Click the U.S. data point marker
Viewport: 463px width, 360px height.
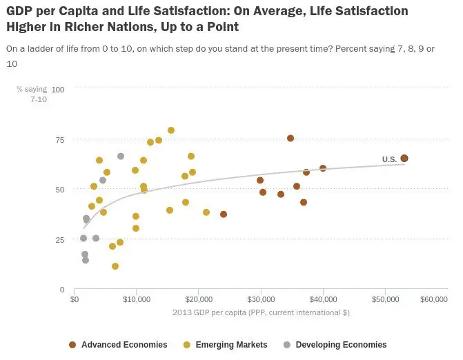click(x=404, y=159)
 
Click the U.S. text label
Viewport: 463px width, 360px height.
click(x=389, y=160)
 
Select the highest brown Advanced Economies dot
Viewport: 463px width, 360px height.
click(x=290, y=139)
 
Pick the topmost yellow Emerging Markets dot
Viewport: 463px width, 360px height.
click(x=171, y=130)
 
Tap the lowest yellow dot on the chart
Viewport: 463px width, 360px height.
click(x=115, y=266)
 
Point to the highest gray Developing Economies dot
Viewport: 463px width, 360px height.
click(x=121, y=157)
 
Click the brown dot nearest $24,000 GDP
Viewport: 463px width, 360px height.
click(x=224, y=214)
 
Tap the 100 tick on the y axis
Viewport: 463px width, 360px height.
click(x=58, y=90)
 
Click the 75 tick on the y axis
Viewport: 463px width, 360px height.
click(x=60, y=140)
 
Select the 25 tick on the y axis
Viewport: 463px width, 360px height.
click(x=60, y=240)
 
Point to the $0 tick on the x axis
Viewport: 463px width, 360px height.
click(x=75, y=299)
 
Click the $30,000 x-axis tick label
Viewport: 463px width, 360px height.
click(x=261, y=299)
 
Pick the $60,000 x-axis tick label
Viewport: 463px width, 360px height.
click(x=433, y=299)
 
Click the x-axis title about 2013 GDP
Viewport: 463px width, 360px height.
click(x=261, y=312)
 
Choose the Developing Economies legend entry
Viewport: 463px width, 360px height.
click(x=341, y=345)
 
